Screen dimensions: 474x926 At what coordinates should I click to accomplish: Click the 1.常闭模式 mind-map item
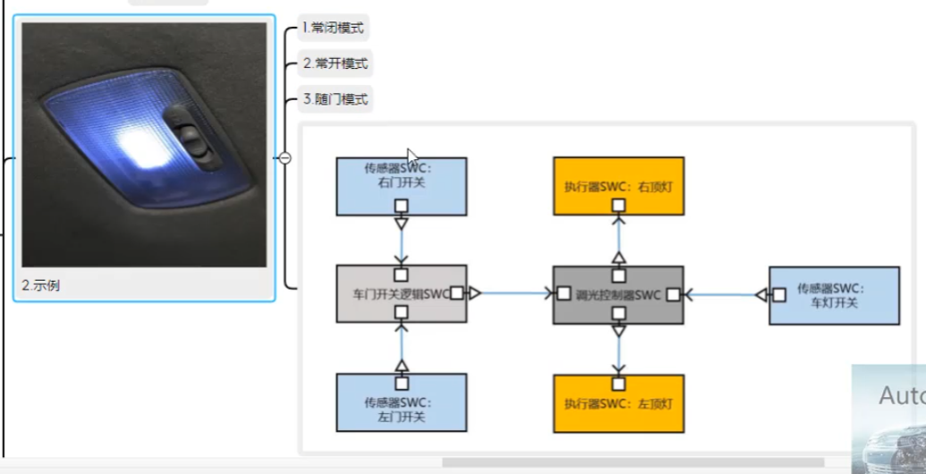coord(334,28)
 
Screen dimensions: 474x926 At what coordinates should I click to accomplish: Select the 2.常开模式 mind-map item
coord(335,63)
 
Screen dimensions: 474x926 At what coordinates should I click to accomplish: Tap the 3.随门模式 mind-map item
coord(335,98)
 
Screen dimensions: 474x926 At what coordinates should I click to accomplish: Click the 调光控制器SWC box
coord(618,293)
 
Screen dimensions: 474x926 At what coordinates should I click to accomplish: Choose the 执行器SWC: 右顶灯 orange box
coord(618,185)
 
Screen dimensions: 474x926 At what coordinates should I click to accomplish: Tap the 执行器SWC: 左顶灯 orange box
coord(618,403)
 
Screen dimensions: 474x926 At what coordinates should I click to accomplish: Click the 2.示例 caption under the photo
coord(42,285)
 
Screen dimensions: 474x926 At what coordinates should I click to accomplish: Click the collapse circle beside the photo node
coord(285,158)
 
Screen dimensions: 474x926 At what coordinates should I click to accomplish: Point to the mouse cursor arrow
coord(412,157)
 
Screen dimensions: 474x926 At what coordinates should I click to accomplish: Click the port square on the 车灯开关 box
coord(779,294)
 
